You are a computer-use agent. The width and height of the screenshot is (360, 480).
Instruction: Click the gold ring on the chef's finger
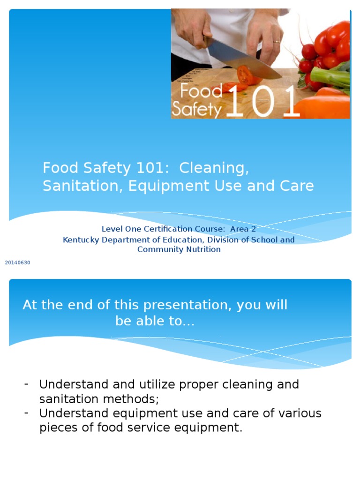pyautogui.click(x=277, y=42)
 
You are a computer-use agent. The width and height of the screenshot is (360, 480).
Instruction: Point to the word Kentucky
pyautogui.click(x=81, y=240)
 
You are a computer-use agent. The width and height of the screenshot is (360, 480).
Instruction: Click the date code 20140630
pyautogui.click(x=17, y=262)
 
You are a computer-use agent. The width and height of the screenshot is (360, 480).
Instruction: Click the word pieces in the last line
pyautogui.click(x=58, y=428)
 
